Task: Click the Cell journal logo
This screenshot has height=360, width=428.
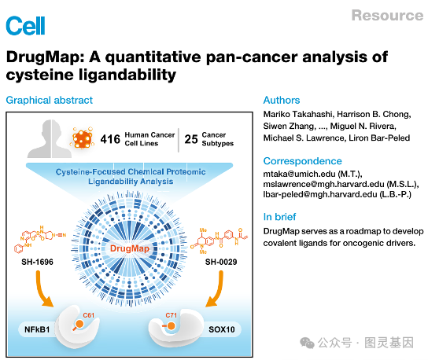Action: [x=25, y=25]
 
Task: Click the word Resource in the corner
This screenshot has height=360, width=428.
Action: [x=386, y=15]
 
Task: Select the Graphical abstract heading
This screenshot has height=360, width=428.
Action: [x=49, y=100]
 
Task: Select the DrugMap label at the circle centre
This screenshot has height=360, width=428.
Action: [x=130, y=248]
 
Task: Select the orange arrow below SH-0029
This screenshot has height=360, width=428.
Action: [x=212, y=294]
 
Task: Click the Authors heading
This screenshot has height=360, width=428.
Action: [x=282, y=100]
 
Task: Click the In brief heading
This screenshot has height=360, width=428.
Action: [x=280, y=216]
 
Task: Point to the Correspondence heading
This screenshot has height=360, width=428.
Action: [x=302, y=160]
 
